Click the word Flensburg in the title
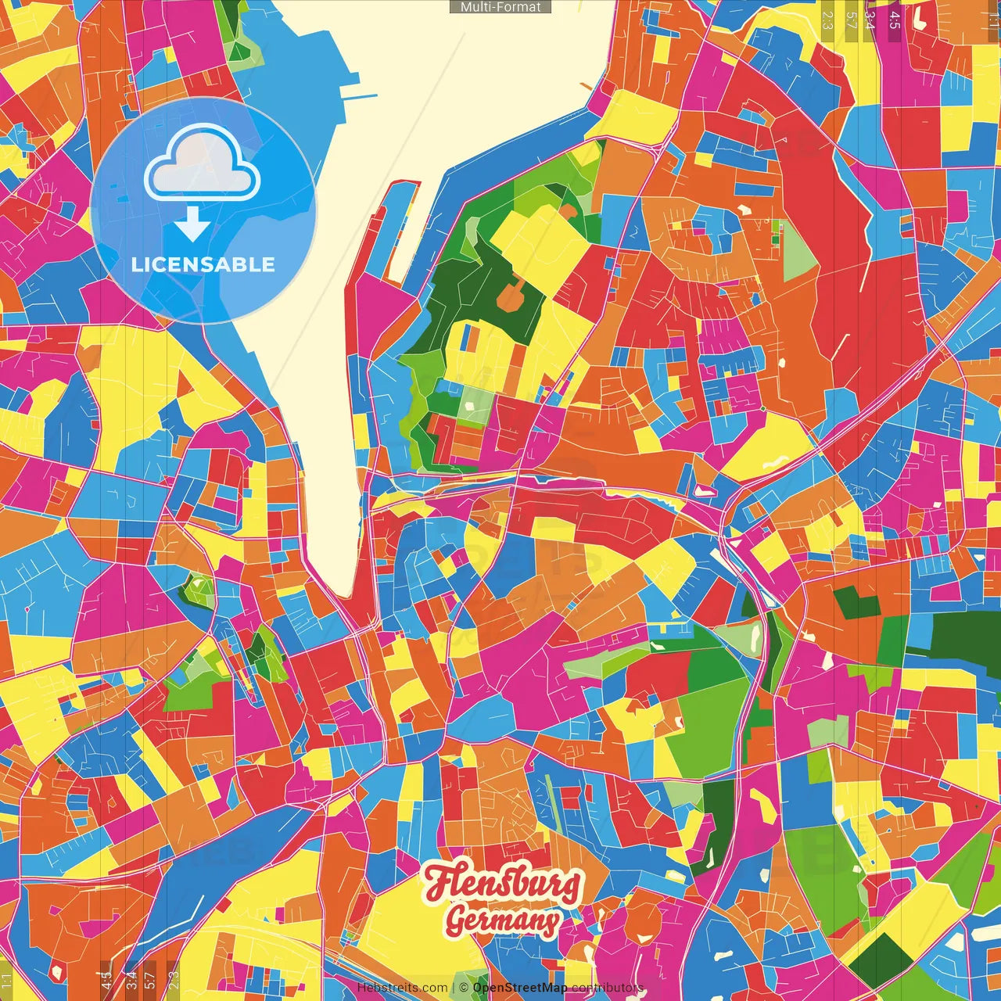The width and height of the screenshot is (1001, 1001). pos(502,884)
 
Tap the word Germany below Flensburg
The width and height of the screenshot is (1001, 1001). pos(503,920)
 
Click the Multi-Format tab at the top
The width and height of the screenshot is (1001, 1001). pos(500,7)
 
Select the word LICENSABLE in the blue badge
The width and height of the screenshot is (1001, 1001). pos(203,264)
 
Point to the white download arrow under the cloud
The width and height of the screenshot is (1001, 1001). pos(192,224)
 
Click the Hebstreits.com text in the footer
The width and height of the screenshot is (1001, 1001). pos(402,988)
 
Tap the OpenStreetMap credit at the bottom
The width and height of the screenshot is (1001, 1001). pos(519,988)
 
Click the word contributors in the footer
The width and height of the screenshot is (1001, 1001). pos(607,988)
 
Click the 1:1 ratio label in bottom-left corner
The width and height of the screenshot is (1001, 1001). pos(6,981)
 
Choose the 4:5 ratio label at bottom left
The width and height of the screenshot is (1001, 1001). pos(106,981)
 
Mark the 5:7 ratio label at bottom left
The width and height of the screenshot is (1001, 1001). pos(150,981)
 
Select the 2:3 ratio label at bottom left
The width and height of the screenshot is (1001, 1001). pos(174,981)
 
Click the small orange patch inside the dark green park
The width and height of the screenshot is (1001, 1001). pos(513,296)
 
